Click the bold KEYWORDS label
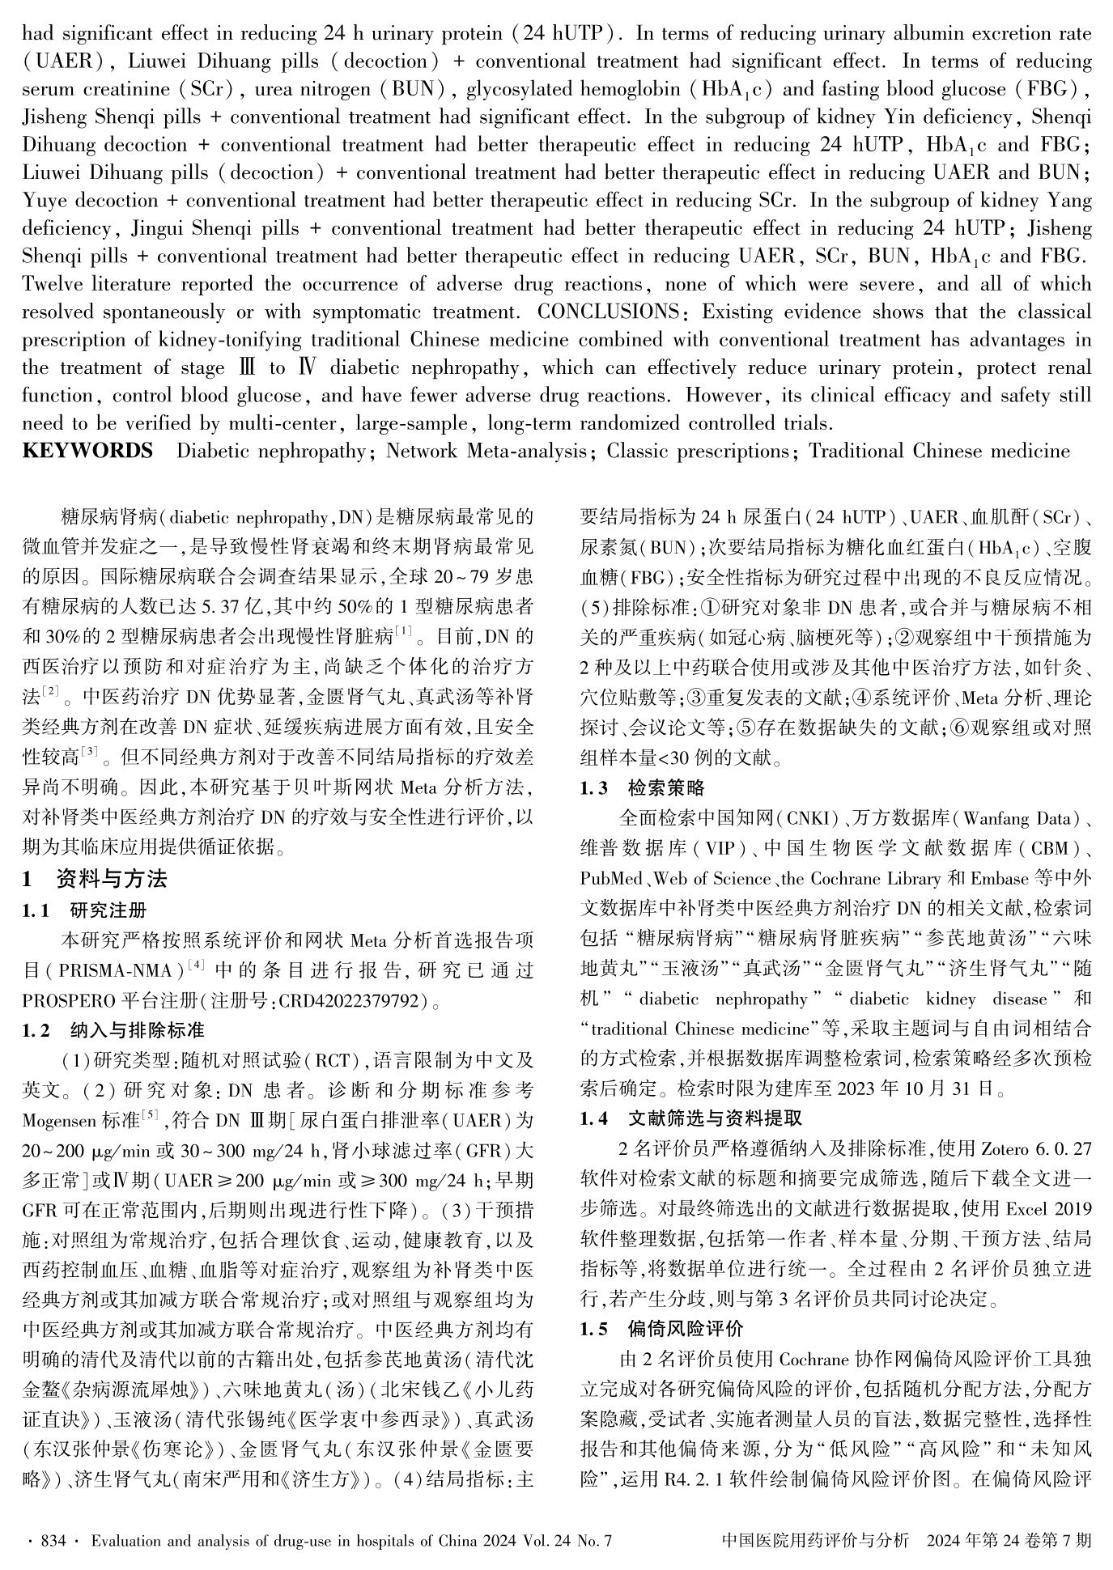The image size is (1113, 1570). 87,451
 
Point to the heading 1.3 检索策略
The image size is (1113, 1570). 643,787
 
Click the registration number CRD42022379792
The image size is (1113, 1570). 353,1001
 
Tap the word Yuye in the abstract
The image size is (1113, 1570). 45,201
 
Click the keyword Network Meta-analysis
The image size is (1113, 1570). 486,451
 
